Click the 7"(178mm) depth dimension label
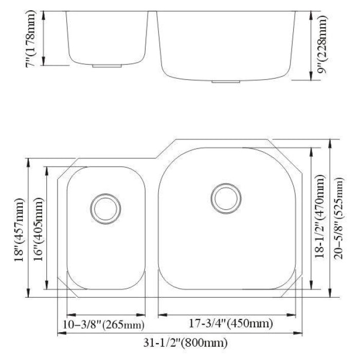(x=31, y=39)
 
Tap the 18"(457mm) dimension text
(x=20, y=230)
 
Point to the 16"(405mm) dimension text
(x=39, y=229)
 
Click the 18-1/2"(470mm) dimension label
(x=320, y=217)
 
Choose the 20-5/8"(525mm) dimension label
(x=338, y=219)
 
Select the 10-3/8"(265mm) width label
(x=103, y=325)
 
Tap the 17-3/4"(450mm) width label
(x=231, y=323)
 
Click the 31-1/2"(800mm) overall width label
(x=186, y=343)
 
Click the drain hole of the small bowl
(x=105, y=209)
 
